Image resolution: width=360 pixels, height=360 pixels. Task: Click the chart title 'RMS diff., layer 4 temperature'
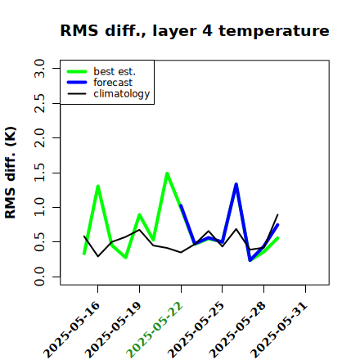(195, 30)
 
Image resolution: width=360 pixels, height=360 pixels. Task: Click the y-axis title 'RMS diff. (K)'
(11, 173)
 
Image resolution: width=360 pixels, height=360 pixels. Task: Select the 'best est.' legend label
(115, 71)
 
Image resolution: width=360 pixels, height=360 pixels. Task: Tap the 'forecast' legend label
(113, 83)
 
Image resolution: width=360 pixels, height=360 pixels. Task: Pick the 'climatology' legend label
(122, 94)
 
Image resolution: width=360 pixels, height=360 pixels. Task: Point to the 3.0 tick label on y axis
(39, 68)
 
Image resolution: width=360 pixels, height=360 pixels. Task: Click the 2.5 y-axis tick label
(39, 103)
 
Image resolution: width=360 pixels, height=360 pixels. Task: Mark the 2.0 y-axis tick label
(39, 137)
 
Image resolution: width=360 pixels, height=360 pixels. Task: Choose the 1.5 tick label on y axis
(39, 173)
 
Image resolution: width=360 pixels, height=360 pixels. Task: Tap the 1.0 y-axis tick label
(39, 207)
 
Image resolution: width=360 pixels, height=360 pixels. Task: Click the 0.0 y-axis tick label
(39, 277)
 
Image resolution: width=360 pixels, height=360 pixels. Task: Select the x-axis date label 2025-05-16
(72, 330)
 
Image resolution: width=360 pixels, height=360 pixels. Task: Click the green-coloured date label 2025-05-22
(155, 330)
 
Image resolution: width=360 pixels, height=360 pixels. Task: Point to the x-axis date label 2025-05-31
(279, 330)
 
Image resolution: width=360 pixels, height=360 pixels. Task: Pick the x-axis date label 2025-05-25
(196, 330)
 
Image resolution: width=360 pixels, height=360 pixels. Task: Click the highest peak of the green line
(167, 173)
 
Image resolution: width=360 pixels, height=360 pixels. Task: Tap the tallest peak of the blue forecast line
(236, 184)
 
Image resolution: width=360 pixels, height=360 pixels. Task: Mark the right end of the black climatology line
(277, 214)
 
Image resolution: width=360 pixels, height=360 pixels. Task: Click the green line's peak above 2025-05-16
(97, 186)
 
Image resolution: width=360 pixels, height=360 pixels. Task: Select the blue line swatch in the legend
(77, 83)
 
